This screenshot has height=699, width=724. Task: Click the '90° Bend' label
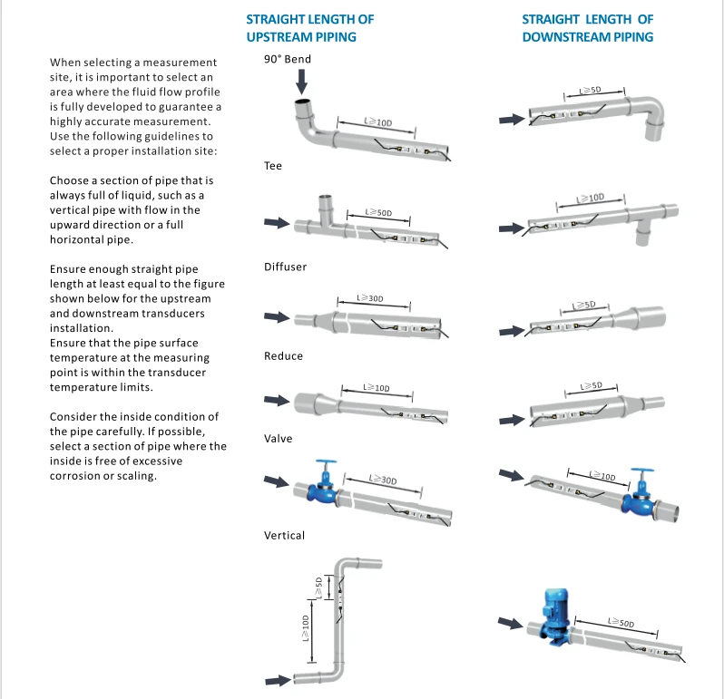pos(288,59)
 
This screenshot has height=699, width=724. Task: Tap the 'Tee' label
pos(273,166)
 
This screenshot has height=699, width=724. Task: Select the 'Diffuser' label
pos(286,267)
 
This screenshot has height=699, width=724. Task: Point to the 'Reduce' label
pos(283,355)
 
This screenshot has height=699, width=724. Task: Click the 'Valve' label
pos(278,438)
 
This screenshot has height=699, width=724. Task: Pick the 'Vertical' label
pos(285,535)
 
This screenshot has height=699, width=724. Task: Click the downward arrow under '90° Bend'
pos(301,82)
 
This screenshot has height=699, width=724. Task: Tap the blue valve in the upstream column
pos(323,482)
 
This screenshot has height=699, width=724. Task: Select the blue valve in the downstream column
pos(641,493)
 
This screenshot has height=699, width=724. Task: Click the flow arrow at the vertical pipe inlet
pos(278,680)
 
